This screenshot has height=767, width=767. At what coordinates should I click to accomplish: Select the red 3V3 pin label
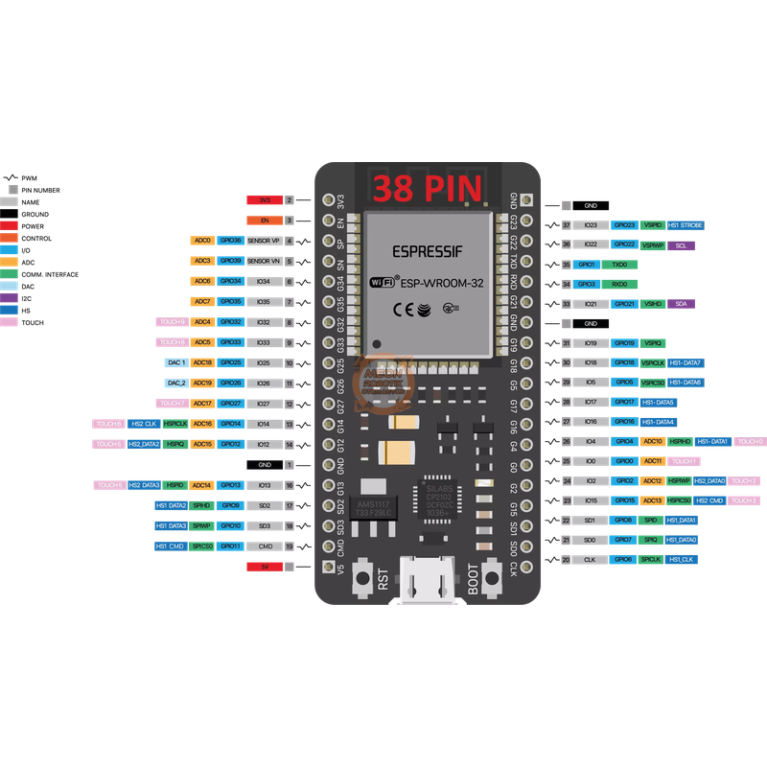265,199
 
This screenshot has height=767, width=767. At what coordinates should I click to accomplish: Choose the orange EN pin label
265,221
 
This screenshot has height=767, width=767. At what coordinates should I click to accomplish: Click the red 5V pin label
265,567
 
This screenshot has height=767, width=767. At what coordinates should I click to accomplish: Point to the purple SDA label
681,303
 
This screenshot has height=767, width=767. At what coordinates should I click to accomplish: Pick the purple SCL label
681,245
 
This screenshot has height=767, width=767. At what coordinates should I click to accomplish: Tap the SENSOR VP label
264,241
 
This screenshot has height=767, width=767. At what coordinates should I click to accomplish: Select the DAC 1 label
175,363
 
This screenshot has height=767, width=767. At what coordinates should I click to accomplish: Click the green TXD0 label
619,264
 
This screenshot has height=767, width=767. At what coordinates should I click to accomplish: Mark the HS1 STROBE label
685,225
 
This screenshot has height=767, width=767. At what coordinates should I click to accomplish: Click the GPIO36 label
230,241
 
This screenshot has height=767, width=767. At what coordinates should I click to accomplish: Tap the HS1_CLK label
681,559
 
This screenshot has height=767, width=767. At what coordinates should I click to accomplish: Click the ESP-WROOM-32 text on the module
439,283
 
